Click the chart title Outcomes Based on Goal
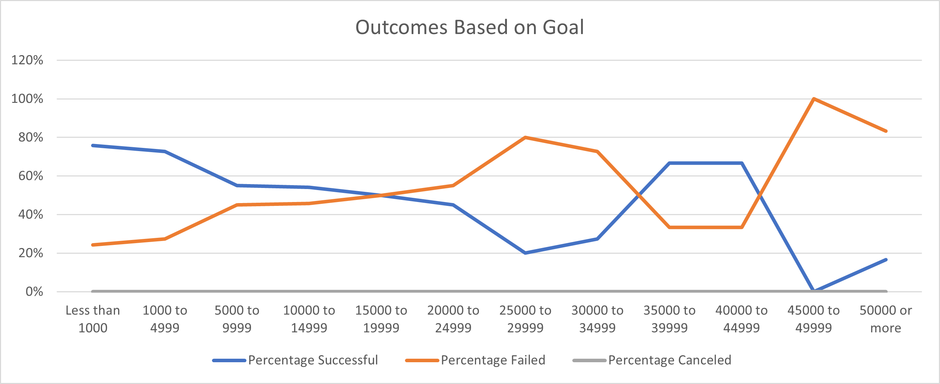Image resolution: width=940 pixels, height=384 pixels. (470, 27)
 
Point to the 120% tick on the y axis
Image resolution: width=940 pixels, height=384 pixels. (27, 60)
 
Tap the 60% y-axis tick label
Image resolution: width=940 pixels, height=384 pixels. (31, 176)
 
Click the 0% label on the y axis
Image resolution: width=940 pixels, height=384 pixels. (34, 292)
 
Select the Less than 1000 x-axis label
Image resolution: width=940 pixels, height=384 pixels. (93, 319)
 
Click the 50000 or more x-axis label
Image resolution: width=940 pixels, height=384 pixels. (886, 319)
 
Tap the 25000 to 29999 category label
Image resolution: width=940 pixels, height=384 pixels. (525, 319)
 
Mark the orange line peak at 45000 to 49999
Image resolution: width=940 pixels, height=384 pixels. (814, 99)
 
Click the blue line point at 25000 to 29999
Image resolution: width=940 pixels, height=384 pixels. (525, 253)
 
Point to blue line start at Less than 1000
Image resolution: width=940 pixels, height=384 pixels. (93, 145)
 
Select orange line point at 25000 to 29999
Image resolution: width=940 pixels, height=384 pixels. (525, 137)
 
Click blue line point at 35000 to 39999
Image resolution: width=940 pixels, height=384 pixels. (670, 163)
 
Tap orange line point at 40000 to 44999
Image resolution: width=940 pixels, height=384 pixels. (742, 227)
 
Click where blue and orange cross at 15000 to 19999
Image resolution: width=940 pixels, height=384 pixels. (381, 195)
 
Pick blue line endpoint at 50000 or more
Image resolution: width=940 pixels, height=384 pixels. (886, 260)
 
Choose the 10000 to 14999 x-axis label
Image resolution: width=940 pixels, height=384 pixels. (309, 319)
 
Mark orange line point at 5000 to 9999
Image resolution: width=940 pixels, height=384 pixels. (237, 205)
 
